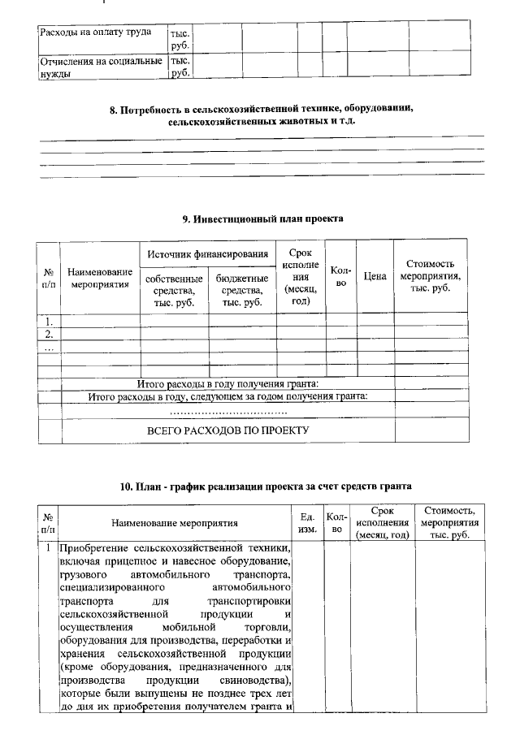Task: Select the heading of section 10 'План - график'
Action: tap(265, 486)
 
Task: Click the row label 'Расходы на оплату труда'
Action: tap(102, 35)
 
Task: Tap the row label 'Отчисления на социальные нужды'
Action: tap(102, 67)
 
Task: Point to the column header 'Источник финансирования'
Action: tap(208, 255)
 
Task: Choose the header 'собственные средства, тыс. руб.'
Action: tap(175, 290)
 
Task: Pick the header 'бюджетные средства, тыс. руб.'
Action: tap(242, 290)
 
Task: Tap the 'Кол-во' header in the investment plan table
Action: tap(341, 276)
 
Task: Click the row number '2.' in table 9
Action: tap(50, 333)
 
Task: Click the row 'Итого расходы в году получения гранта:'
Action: tap(228, 383)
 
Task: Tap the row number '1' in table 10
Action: tap(49, 549)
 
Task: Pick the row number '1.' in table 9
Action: tap(50, 320)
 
